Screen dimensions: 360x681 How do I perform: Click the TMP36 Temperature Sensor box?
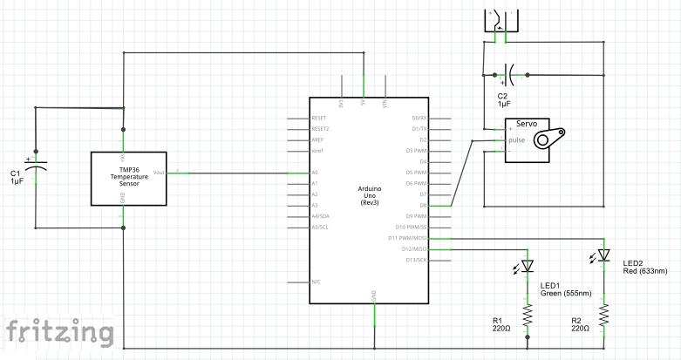click(129, 179)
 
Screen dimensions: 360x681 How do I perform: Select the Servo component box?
click(532, 139)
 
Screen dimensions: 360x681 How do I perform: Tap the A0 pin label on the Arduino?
click(315, 173)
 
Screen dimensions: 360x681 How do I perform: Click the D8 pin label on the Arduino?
click(422, 206)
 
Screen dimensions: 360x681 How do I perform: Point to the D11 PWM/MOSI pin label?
click(406, 238)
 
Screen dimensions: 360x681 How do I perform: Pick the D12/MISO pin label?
click(412, 249)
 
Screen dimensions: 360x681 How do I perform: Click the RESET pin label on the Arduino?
click(318, 118)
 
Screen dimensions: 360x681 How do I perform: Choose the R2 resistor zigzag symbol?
click(603, 313)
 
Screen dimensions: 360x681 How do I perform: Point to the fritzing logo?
click(59, 332)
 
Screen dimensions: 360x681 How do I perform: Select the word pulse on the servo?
click(517, 139)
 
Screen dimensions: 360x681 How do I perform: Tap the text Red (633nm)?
click(645, 271)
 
